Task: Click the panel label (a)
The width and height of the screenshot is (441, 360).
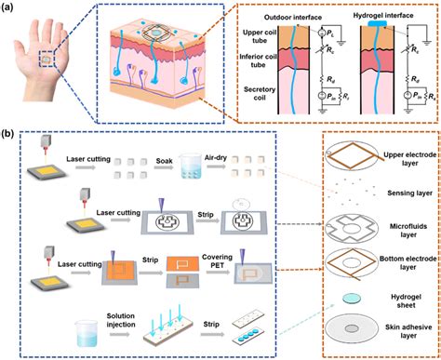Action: pos(10,9)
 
